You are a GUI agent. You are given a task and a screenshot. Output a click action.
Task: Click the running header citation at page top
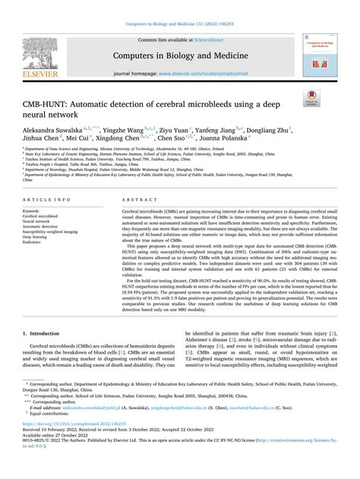click(x=180, y=7)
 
